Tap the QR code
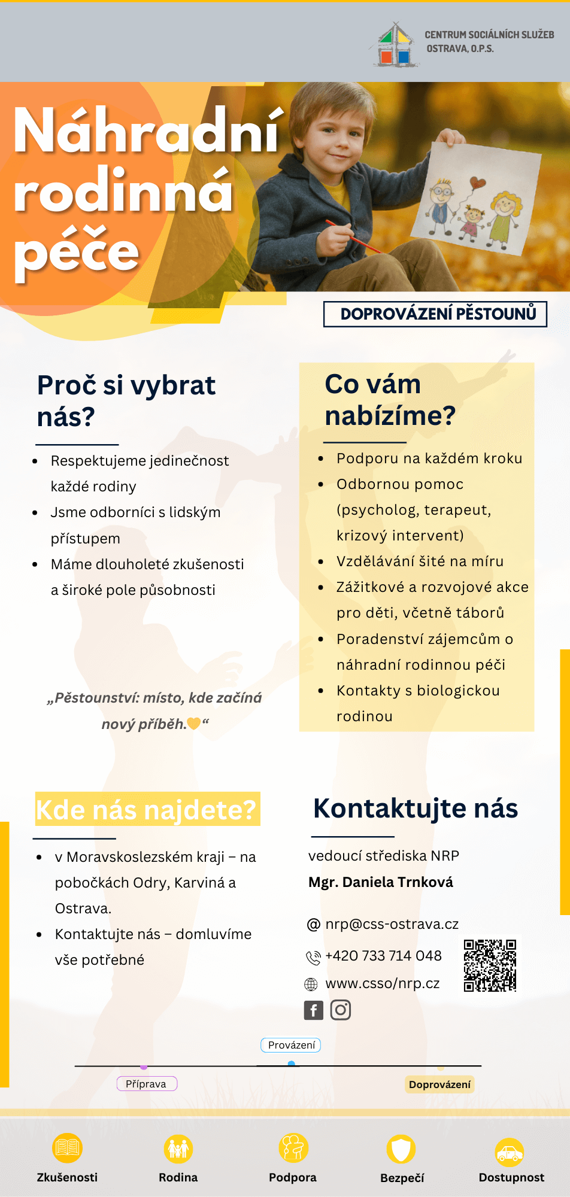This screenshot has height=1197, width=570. point(490,965)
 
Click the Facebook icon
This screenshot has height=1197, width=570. point(314,1010)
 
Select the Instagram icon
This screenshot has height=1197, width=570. point(341,1010)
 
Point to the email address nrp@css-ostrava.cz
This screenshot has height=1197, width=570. point(392,924)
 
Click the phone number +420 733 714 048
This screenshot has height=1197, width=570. point(383,956)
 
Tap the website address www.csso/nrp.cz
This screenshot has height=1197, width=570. point(382,983)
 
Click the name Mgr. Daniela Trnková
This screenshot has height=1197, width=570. point(381,882)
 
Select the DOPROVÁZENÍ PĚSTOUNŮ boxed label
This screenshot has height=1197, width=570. point(435,314)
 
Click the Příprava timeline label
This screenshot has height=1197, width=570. point(147,1084)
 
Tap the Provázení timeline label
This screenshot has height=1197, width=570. point(291,1045)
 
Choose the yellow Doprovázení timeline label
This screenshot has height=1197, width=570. point(439,1084)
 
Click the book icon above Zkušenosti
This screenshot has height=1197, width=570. point(67,1148)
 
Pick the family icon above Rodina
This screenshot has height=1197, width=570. point(178,1149)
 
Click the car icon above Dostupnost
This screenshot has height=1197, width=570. point(510,1152)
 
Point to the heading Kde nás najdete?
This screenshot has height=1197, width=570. point(147,810)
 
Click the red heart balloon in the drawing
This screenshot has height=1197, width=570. point(477,183)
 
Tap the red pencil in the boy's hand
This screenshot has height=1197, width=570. point(353,236)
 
